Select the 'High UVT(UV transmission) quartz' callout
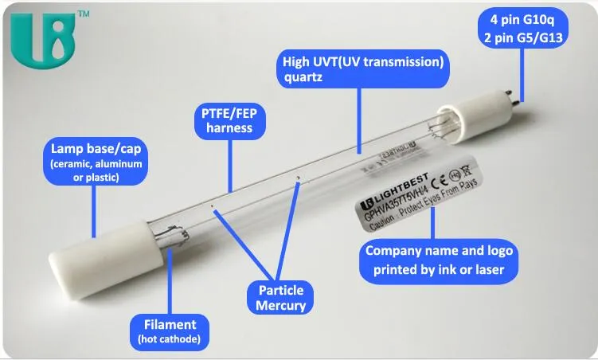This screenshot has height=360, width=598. click(363, 68)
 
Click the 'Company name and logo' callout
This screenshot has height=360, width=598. click(439, 260)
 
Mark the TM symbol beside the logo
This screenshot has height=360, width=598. click(84, 14)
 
